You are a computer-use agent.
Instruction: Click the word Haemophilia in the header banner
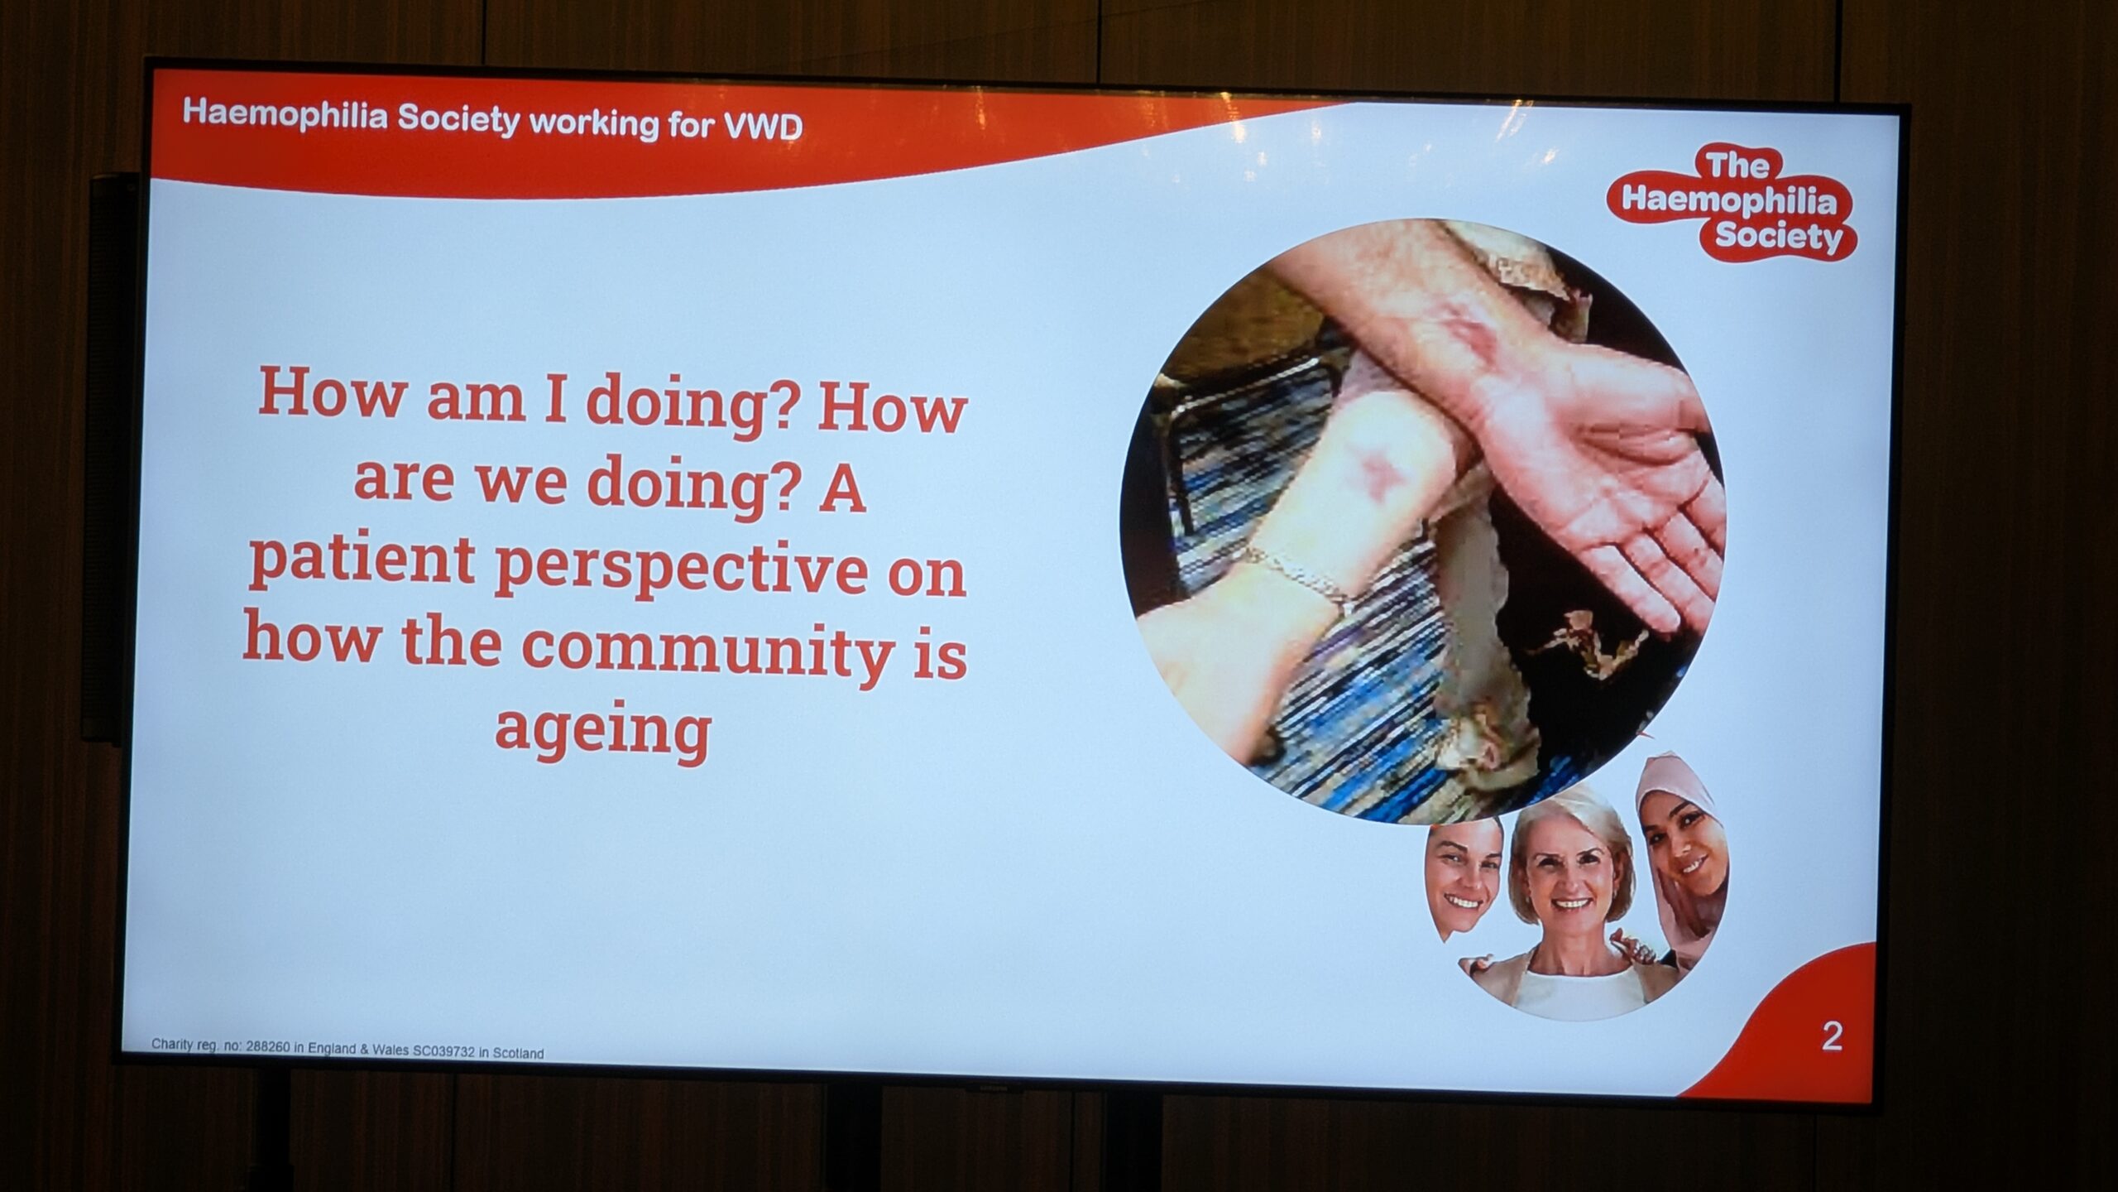(x=285, y=115)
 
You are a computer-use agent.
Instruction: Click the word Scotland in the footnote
(x=520, y=1054)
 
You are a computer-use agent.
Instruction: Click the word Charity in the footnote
(x=169, y=1044)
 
